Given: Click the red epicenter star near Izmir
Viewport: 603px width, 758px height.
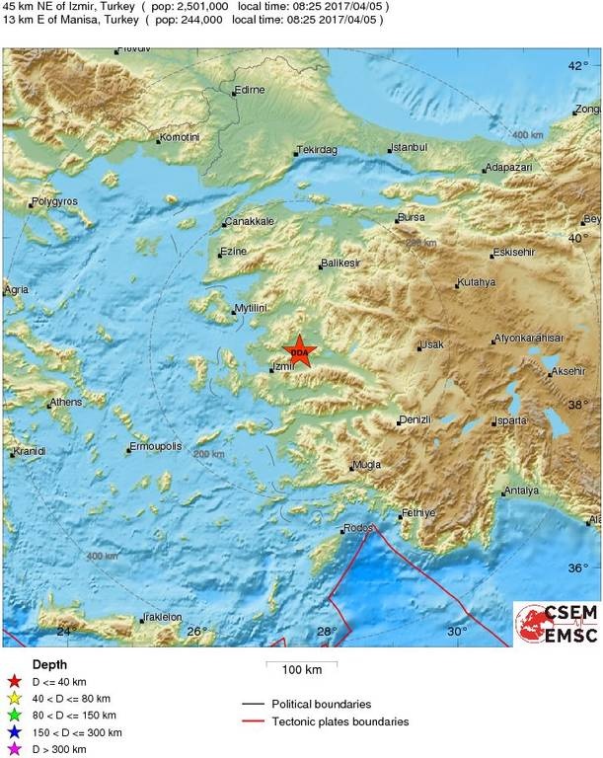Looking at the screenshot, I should tap(298, 352).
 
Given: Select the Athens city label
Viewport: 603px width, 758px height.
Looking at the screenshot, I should tap(65, 403).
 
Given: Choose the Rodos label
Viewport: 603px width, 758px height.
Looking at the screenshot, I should tap(358, 528).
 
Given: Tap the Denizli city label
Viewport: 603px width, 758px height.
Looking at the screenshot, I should tap(415, 420).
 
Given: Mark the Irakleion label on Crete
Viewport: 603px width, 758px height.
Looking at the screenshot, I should tap(163, 617).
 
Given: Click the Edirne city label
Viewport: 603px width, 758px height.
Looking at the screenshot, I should tap(249, 91).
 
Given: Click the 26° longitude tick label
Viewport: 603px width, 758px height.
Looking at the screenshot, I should tap(195, 632).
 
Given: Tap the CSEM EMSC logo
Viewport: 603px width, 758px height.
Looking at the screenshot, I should tap(556, 624).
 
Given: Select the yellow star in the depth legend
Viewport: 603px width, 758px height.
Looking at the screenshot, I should tap(14, 698).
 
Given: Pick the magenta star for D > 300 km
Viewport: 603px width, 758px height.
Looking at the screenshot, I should tap(14, 749).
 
